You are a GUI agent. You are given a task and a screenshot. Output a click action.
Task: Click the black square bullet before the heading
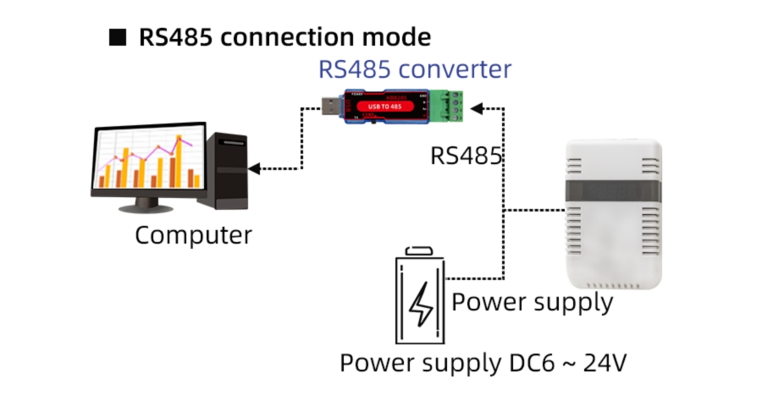[118, 38]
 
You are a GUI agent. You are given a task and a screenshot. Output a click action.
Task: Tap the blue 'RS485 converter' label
[415, 69]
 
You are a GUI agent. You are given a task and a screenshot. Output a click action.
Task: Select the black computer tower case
[228, 169]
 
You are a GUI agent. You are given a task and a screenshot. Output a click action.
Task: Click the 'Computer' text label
[193, 234]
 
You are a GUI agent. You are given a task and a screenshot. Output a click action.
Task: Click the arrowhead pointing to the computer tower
[254, 169]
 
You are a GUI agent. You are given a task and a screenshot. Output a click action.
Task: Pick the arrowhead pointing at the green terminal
[476, 108]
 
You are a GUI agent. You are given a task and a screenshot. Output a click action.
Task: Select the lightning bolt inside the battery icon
[420, 305]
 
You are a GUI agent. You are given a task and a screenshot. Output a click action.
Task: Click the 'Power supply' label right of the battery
[532, 302]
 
